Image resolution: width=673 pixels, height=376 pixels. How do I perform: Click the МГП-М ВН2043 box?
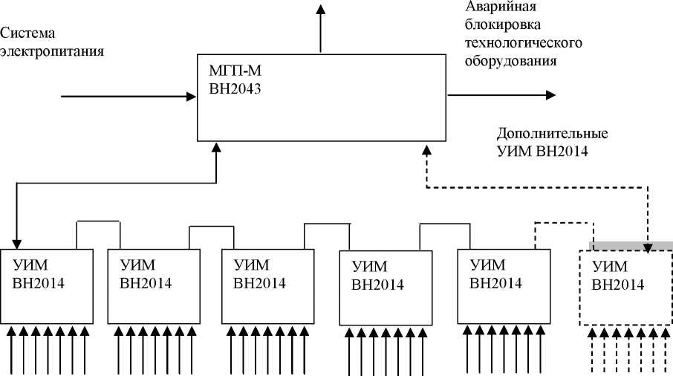pos(322,97)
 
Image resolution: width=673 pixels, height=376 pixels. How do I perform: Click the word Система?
pos(29,34)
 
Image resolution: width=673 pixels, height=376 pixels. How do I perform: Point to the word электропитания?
pos(52,51)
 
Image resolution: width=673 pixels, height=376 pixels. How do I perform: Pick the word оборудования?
pos(511,61)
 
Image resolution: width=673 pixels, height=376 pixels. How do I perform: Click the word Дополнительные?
pos(552,134)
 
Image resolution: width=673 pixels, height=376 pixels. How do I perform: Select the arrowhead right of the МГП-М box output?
pos(550,94)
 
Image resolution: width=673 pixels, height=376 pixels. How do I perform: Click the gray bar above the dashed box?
pos(631,245)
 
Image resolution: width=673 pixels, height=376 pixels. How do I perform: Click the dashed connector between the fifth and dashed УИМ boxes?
pos(565,221)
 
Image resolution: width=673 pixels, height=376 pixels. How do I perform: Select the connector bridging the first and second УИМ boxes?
pos(99,221)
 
